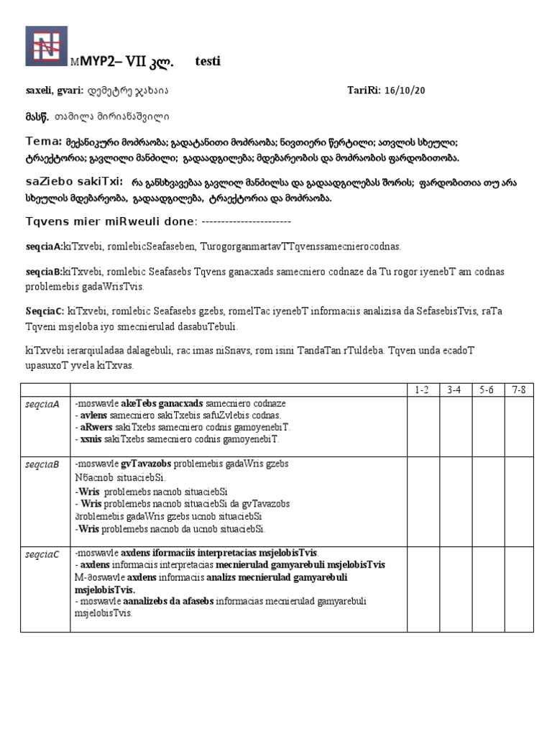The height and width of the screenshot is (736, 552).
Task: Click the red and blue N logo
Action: (x=47, y=46)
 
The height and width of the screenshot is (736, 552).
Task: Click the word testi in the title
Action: (x=208, y=62)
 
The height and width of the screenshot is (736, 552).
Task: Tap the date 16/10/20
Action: (x=405, y=91)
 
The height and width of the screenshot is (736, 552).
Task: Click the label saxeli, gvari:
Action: (x=55, y=91)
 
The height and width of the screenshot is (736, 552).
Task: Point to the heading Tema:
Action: (x=43, y=141)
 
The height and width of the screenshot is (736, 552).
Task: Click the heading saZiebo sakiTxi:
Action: (x=73, y=182)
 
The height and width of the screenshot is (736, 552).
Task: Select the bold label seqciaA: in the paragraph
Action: (x=44, y=247)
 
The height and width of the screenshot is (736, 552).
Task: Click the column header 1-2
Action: (x=423, y=390)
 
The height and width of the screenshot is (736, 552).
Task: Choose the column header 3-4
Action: (x=454, y=390)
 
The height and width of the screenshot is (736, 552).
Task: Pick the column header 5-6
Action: (x=487, y=390)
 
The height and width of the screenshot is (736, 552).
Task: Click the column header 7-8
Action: (x=517, y=390)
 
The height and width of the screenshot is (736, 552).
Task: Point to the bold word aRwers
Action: (x=95, y=427)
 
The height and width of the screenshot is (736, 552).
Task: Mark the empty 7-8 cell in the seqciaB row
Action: (x=517, y=497)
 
